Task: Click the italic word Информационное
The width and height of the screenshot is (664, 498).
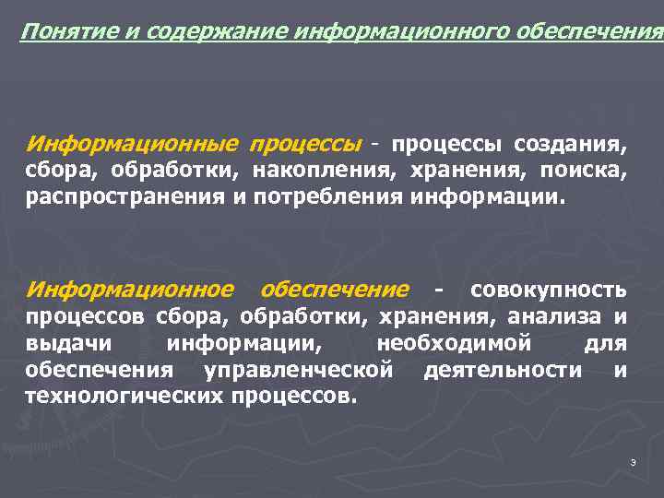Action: (x=130, y=290)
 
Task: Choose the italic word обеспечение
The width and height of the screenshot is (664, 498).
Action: (x=334, y=290)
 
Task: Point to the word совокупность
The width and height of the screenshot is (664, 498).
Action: (x=549, y=290)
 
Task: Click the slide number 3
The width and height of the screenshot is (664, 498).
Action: (x=633, y=461)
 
